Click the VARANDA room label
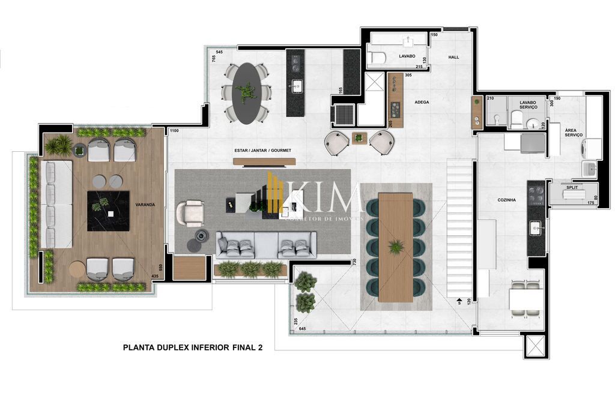(145, 205)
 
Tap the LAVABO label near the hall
(407, 56)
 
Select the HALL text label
(453, 57)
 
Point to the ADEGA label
(422, 102)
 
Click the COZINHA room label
(506, 200)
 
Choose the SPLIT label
(572, 188)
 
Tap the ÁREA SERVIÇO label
(574, 133)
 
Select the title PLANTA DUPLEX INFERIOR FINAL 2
(192, 347)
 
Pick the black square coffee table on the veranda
(108, 211)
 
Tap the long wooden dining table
(396, 247)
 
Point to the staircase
(459, 228)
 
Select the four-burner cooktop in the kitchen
(536, 194)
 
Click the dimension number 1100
(174, 131)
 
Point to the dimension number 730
(355, 262)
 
